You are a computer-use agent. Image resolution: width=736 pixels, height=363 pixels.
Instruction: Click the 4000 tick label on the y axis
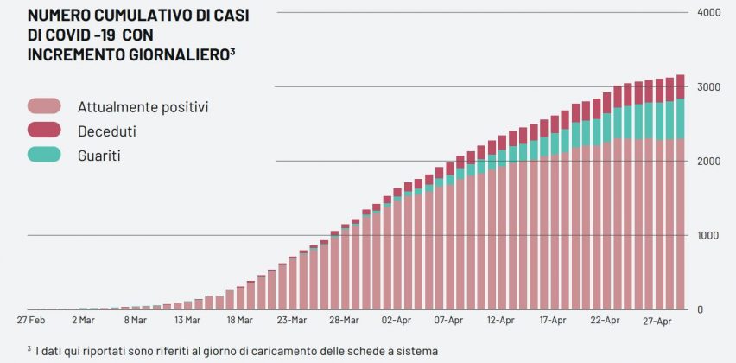(708, 13)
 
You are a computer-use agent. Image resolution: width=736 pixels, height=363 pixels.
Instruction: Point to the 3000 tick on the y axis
(708, 87)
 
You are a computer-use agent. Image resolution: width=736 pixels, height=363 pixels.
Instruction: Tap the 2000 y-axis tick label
(708, 162)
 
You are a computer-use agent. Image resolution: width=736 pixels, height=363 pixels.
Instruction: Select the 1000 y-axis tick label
(708, 236)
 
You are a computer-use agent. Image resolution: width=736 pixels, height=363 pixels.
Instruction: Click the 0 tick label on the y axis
(701, 309)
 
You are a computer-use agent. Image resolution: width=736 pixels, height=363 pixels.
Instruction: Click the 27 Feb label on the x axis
(31, 320)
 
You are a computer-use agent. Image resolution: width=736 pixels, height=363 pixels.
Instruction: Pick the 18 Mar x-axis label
(239, 320)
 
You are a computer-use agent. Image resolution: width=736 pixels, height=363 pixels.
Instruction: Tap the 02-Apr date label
(397, 320)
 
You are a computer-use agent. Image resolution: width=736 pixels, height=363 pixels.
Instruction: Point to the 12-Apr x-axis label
(501, 320)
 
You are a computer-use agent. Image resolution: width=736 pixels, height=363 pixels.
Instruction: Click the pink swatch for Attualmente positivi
(44, 106)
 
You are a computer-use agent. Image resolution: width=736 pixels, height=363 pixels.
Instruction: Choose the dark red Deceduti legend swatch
(44, 131)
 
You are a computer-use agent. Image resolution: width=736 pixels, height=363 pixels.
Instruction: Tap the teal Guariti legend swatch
(44, 155)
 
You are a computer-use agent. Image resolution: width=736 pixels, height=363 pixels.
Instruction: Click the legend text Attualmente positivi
(143, 107)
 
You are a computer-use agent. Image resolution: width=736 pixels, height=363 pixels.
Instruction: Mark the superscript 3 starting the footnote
(29, 348)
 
